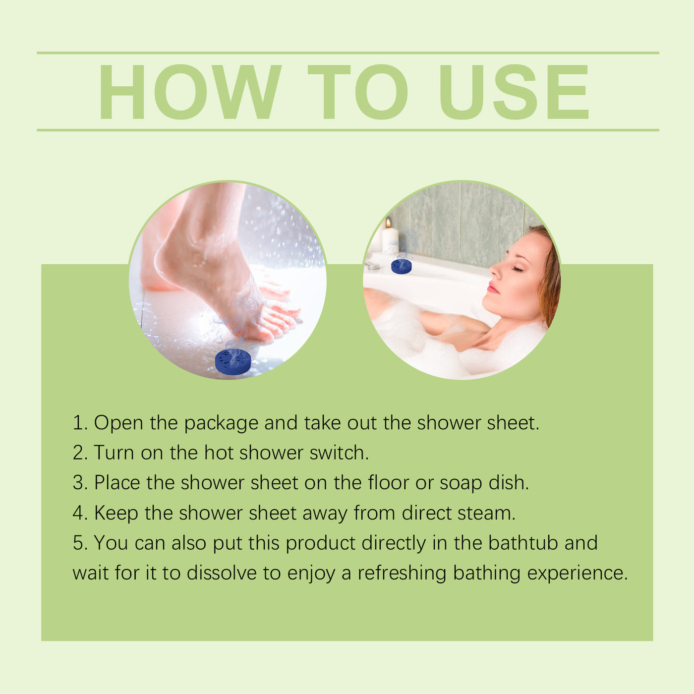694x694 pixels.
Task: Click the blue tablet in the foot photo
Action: [x=233, y=361]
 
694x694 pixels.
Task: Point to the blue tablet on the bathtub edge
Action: [x=401, y=266]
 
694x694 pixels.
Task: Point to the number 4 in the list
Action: [x=79, y=513]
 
